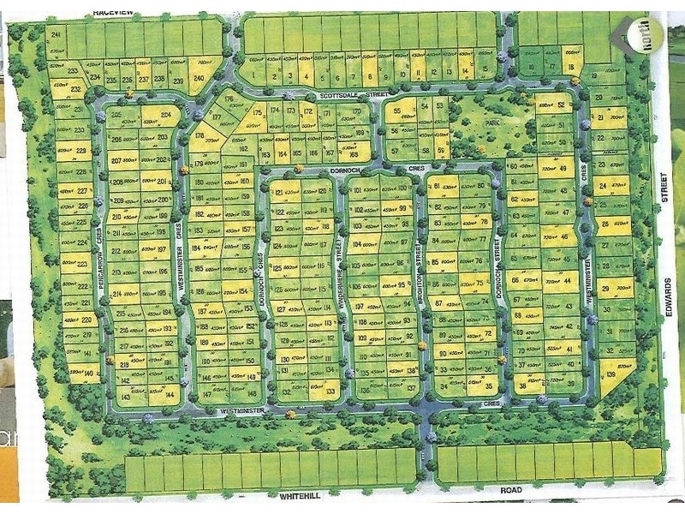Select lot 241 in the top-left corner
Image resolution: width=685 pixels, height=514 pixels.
(57, 36)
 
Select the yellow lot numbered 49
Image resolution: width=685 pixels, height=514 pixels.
(561, 170)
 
